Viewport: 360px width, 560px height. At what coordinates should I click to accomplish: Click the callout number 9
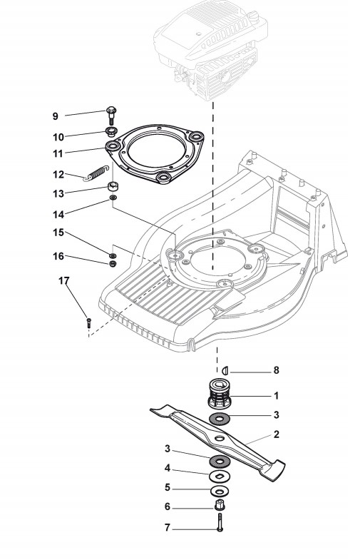coord(55,116)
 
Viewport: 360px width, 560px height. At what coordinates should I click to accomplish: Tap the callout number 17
coord(64,281)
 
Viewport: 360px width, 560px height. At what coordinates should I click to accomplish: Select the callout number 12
coord(58,175)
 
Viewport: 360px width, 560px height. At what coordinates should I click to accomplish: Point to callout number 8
coord(276,370)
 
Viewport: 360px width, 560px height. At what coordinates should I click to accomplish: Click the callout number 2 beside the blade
coord(276,434)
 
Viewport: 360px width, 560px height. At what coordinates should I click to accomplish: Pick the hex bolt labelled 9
coord(111,114)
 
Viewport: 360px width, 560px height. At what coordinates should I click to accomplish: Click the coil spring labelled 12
coord(96,173)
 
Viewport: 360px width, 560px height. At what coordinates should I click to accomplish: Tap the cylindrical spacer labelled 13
coord(113,186)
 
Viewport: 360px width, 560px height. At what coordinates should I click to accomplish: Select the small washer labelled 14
coord(113,198)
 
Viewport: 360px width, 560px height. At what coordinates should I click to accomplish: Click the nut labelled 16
coord(113,264)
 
